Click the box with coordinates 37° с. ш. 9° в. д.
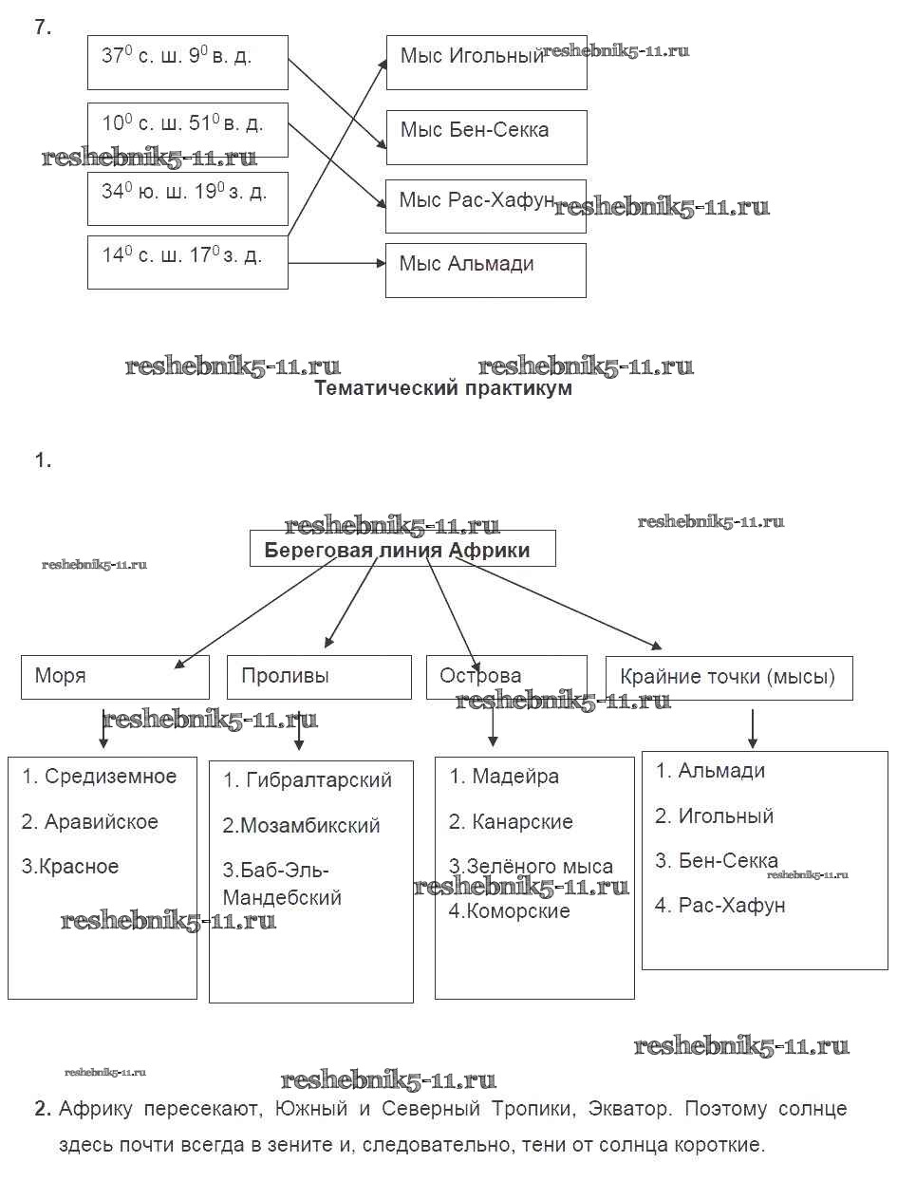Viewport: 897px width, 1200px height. [187, 63]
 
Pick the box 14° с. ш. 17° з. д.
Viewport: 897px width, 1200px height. [187, 261]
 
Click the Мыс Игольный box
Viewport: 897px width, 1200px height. [486, 63]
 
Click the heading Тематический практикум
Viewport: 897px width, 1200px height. [443, 388]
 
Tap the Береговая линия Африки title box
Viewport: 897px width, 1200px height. [402, 550]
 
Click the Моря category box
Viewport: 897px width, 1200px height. [115, 677]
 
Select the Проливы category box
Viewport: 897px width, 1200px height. [319, 677]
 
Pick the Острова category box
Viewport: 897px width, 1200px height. [506, 677]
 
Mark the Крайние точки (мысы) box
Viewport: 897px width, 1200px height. [728, 677]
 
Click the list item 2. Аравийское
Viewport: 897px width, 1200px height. [90, 822]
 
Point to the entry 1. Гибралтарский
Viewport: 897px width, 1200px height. [308, 780]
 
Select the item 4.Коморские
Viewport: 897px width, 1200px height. [510, 911]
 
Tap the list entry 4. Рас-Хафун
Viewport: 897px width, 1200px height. [720, 906]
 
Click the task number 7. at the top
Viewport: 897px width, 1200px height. [43, 28]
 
